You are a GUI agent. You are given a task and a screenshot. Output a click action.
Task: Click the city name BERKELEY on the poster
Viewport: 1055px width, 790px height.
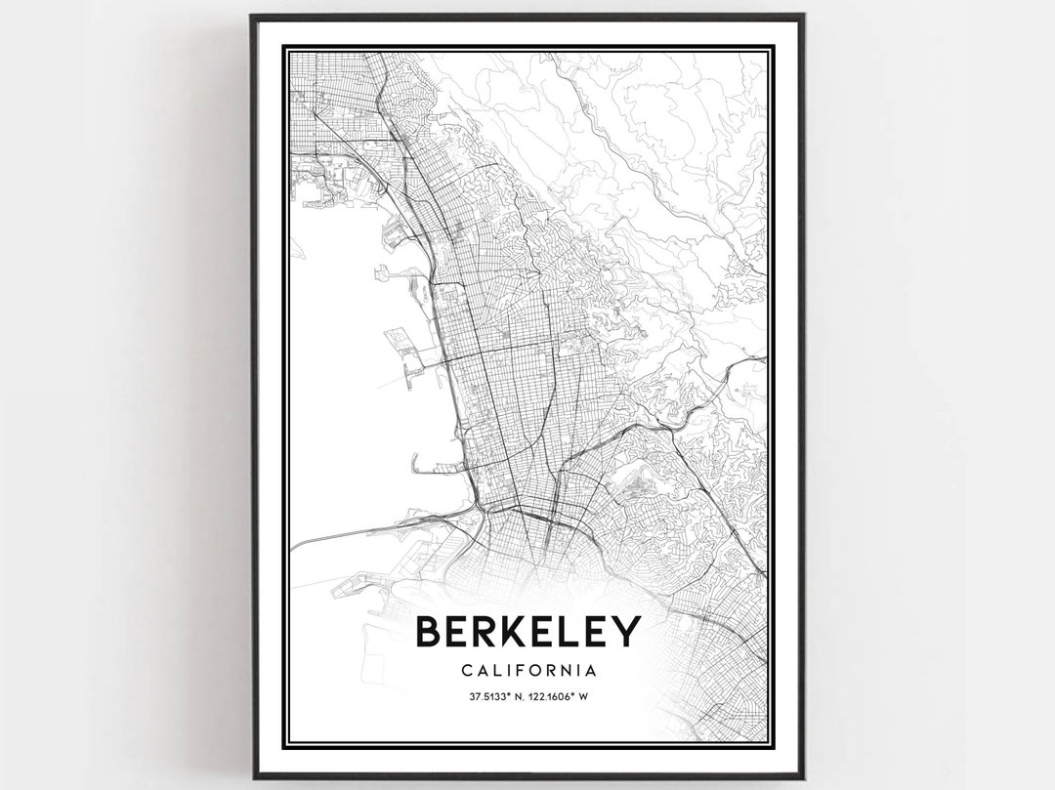[x=527, y=632]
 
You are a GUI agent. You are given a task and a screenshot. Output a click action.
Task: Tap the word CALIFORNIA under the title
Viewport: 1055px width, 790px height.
[x=527, y=671]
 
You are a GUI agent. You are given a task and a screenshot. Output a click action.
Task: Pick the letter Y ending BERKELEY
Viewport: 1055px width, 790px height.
[x=626, y=632]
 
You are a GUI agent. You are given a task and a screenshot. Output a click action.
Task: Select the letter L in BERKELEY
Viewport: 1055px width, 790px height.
[x=572, y=632]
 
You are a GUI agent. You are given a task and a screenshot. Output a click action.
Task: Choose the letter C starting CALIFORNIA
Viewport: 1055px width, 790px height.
[x=463, y=671]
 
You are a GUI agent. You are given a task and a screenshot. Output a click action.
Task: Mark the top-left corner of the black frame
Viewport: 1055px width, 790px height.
[x=252, y=16]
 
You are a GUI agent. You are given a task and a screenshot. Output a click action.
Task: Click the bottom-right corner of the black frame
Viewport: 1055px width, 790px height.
[x=803, y=777]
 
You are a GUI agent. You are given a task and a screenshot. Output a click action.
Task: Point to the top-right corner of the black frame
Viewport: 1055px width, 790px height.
[x=803, y=16]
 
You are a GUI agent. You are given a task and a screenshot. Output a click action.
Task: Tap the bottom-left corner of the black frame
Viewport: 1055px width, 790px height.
[x=253, y=777]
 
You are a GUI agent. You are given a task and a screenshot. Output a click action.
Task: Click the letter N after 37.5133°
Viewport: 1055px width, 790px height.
[x=508, y=697]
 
